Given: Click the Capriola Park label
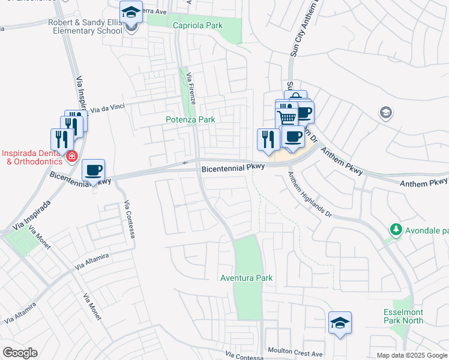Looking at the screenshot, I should [197, 25].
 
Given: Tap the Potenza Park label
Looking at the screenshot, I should [190, 119].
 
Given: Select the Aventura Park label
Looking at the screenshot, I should [246, 278].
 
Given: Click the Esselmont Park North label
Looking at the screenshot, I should [403, 316].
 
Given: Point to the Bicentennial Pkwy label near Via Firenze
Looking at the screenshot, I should [232, 169].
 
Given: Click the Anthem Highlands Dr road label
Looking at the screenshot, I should [309, 194].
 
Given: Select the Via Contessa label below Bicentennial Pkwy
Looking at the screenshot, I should [129, 220].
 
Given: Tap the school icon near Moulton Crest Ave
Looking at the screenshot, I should [340, 323].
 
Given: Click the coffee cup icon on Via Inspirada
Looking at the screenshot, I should [93, 170].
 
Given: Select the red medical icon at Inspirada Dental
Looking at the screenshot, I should [72, 157].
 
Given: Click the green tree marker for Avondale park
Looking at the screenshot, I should [396, 229].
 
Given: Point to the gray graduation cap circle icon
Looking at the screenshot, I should [385, 112].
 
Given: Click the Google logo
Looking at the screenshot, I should [20, 353].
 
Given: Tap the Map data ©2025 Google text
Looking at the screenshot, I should [412, 355].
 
